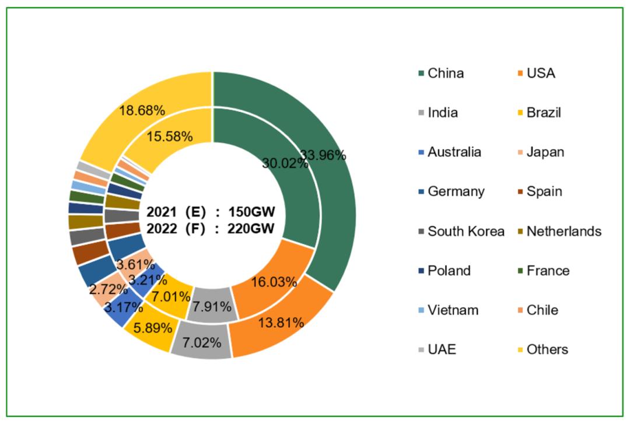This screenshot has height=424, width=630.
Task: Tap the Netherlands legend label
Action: pos(563,231)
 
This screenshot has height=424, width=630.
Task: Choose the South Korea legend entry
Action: pos(466,231)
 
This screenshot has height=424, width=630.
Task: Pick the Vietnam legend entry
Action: pos(453,310)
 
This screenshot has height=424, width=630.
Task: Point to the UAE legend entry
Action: pos(442,349)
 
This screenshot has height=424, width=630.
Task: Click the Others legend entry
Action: pos(547,349)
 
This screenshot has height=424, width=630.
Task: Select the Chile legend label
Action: pos(542,310)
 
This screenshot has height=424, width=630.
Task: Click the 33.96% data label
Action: pos(323,155)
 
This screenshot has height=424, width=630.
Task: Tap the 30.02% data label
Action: pos(285,163)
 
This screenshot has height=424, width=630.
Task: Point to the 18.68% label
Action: pos(141,110)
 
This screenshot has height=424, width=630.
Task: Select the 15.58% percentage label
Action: pos(169,136)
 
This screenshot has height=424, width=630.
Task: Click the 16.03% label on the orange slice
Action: pos(274,282)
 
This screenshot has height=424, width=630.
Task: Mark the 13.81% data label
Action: pos(281,322)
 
